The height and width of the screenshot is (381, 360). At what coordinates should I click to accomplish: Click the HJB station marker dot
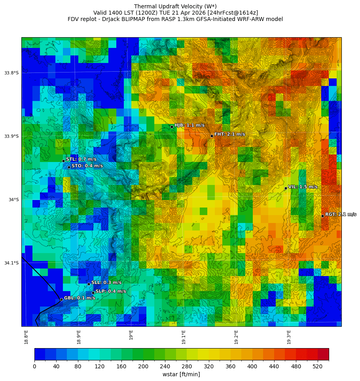(x=172, y=127)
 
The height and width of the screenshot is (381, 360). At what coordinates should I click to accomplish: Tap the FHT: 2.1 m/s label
(x=229, y=134)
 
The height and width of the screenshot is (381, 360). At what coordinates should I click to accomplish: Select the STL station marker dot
(x=63, y=161)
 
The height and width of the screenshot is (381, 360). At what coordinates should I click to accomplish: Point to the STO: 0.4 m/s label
(x=87, y=166)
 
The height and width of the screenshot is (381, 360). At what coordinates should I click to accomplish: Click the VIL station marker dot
(x=286, y=188)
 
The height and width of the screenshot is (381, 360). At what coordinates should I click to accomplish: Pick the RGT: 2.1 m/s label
(x=341, y=214)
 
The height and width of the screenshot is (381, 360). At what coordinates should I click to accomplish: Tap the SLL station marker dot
(x=89, y=284)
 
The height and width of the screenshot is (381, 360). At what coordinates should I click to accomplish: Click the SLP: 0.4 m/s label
(x=111, y=291)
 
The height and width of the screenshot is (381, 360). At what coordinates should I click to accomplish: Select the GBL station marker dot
(x=61, y=299)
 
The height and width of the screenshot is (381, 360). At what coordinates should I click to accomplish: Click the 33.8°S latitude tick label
(x=11, y=73)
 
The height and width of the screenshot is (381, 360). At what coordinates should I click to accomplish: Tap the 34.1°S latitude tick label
(x=11, y=263)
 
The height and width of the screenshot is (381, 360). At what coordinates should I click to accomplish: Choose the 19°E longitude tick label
(x=131, y=335)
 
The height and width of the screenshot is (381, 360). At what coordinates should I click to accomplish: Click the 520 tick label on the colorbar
(x=318, y=367)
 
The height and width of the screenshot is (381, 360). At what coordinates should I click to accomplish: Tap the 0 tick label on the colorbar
(x=34, y=367)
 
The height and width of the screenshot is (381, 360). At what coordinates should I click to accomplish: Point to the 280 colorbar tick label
(x=187, y=367)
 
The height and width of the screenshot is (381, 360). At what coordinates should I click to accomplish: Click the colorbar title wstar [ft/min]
(x=181, y=374)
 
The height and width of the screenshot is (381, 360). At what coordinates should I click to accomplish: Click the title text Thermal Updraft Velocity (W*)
(x=175, y=6)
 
